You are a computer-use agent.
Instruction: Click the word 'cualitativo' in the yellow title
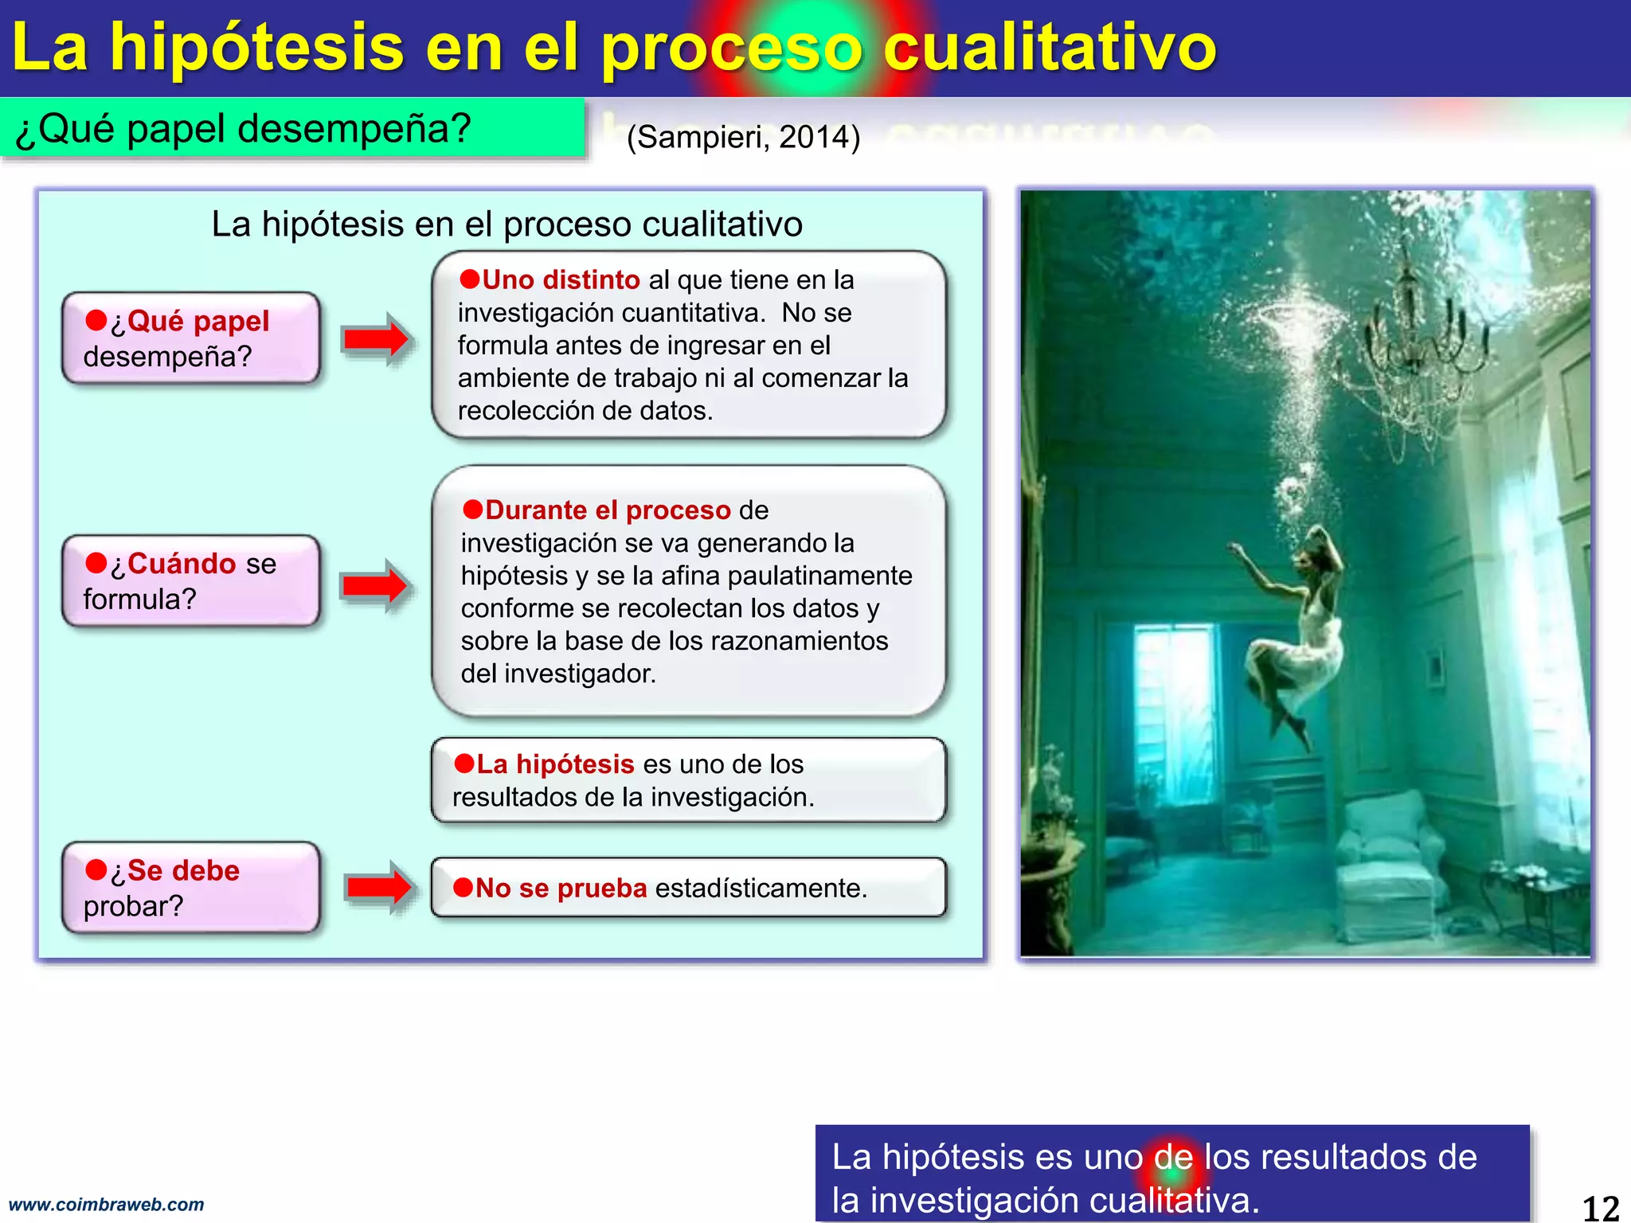1050,48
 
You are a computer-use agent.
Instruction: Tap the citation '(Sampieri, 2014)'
743,137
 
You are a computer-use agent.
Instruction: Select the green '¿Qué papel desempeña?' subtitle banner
291,128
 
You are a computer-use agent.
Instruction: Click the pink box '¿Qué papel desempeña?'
191,338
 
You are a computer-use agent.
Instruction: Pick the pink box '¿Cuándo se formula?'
191,581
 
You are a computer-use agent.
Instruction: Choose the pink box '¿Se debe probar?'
191,888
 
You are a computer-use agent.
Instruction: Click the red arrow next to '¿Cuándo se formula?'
375,586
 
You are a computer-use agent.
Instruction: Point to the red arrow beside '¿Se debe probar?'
379,887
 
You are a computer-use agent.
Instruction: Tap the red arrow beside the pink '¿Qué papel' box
376,339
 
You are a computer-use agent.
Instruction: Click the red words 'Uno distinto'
561,280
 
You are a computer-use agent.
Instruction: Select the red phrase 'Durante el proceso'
608,510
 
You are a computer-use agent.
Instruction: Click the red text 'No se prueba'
561,889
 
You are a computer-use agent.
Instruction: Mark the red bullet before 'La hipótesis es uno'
464,764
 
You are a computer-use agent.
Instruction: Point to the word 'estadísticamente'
758,889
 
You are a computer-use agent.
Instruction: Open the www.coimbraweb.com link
107,1205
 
